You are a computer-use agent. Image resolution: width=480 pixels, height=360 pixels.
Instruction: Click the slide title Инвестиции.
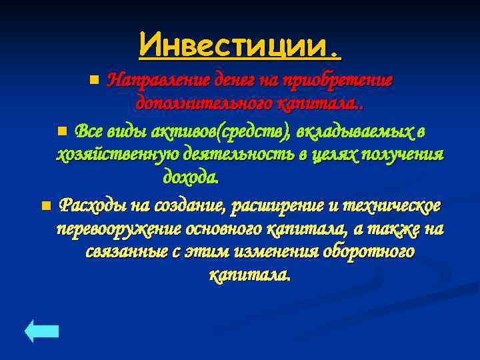[240, 45]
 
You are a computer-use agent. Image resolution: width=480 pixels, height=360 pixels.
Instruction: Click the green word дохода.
[191, 179]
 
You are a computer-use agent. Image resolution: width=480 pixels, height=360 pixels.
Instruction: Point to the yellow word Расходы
[86, 205]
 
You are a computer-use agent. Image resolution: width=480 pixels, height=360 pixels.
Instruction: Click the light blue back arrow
[42, 331]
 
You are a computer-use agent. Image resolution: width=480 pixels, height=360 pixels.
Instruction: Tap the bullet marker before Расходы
[45, 205]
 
